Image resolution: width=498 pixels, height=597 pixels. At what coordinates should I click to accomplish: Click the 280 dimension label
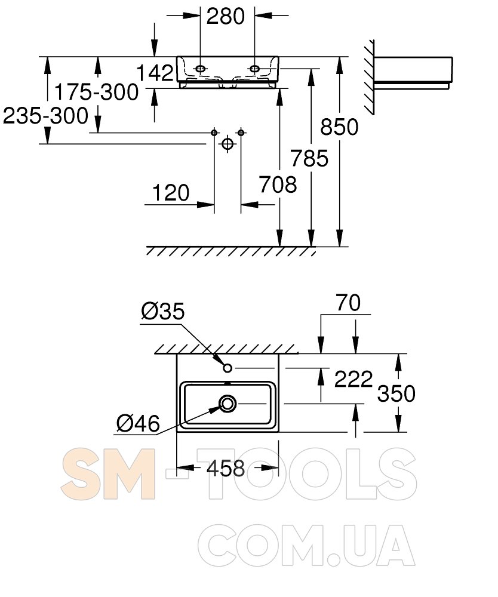point(225,16)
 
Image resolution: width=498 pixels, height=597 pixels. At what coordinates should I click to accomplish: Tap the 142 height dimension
point(155,72)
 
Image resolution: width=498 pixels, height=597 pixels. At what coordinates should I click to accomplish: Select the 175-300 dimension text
point(96,92)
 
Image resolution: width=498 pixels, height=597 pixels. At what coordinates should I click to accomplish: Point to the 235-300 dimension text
point(45,115)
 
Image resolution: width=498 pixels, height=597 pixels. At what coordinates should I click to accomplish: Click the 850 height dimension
point(339,127)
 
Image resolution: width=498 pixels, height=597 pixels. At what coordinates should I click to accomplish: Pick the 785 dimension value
point(309,158)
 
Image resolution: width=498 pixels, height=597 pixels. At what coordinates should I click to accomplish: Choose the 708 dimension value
point(278,184)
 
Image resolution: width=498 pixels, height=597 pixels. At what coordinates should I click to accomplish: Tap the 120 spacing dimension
point(171,193)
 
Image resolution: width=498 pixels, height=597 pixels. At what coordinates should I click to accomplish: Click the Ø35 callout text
point(163,311)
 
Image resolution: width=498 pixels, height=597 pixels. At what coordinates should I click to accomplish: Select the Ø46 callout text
point(138,423)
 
